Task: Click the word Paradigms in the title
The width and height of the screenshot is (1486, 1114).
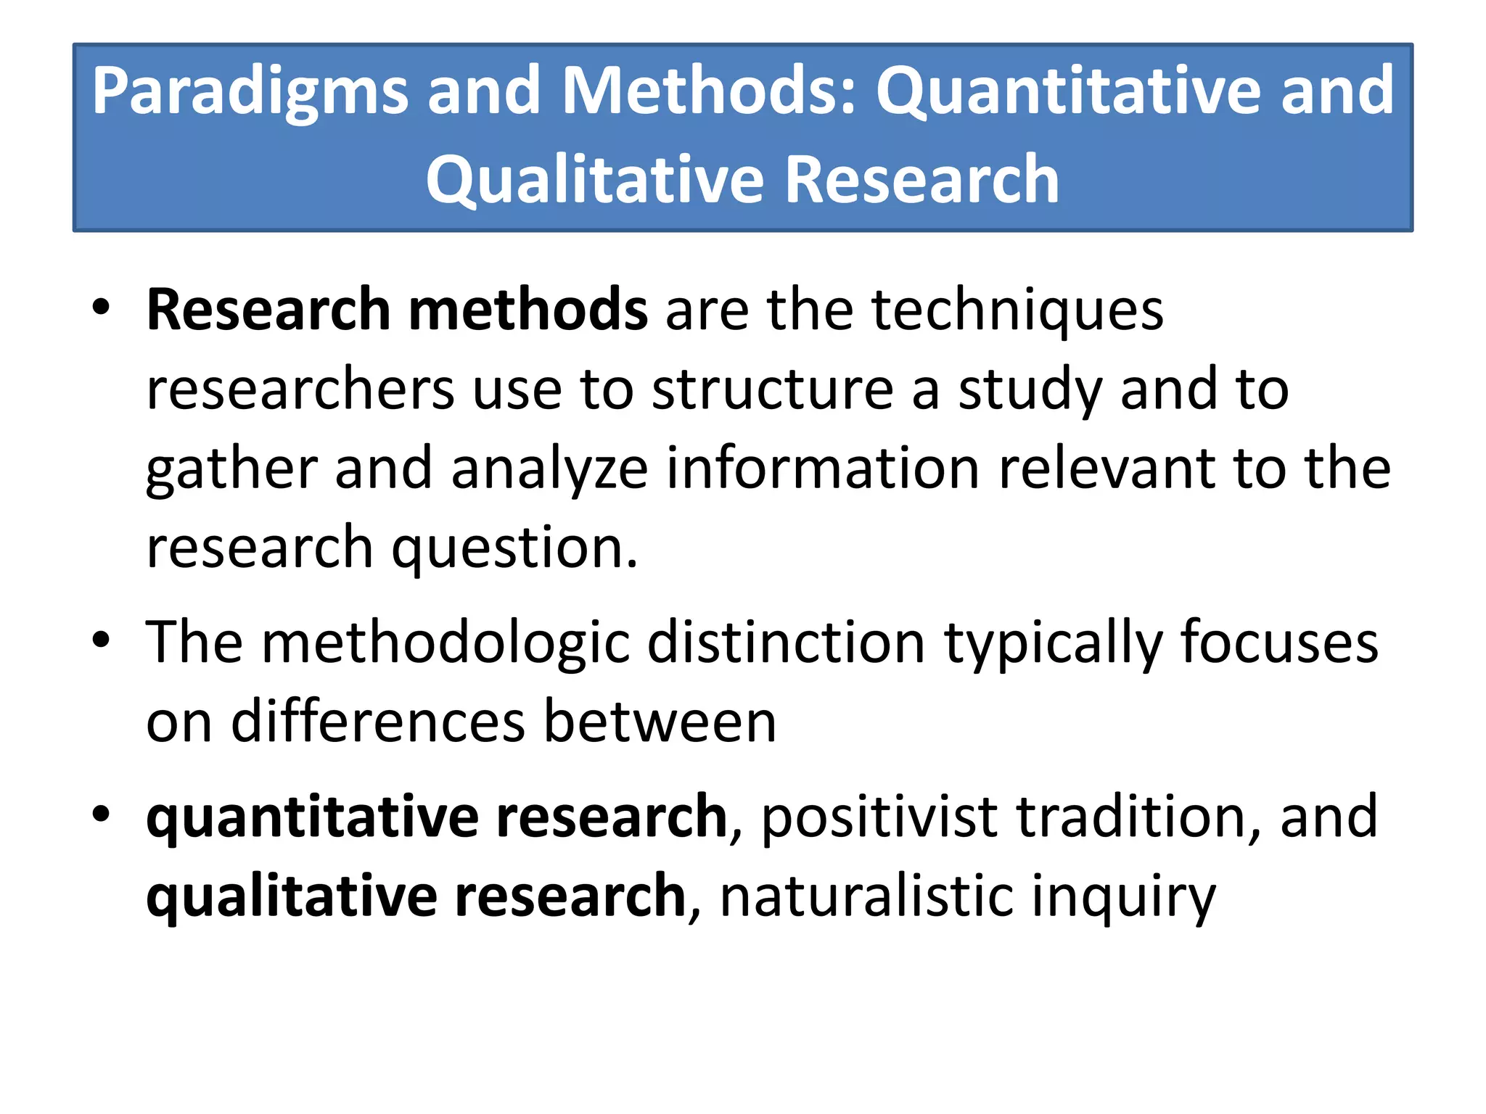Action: pos(250,93)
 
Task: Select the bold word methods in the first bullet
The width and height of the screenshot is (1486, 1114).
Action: pos(528,310)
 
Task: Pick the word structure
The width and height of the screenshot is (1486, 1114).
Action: pos(772,389)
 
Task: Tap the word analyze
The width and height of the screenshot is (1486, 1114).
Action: pos(549,470)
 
